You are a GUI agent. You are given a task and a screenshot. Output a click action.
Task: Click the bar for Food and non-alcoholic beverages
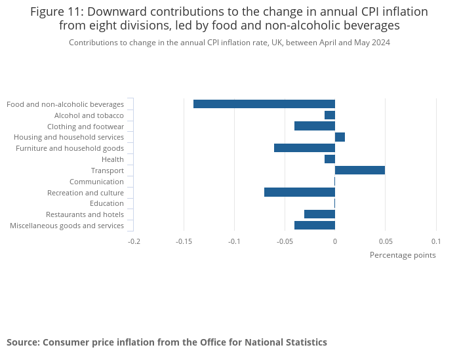pyautogui.click(x=264, y=104)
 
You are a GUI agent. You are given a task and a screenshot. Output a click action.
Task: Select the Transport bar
pyautogui.click(x=360, y=170)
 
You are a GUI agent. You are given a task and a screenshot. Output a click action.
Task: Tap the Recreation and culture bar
pyautogui.click(x=300, y=192)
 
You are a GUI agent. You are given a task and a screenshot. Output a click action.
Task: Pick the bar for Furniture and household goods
pyautogui.click(x=304, y=148)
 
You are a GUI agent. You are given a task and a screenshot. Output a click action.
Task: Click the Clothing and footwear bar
pyautogui.click(x=315, y=126)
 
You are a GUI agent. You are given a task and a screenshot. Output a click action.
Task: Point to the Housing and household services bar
pyautogui.click(x=340, y=137)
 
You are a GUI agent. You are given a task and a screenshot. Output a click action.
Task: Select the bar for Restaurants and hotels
pyautogui.click(x=319, y=214)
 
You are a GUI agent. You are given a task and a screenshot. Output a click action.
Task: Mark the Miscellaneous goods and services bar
pyautogui.click(x=315, y=226)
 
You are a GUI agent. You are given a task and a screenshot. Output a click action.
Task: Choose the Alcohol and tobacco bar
pyautogui.click(x=330, y=115)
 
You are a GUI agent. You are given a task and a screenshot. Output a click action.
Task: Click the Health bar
pyautogui.click(x=330, y=159)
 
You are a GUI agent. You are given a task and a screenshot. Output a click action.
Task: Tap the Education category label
pyautogui.click(x=107, y=203)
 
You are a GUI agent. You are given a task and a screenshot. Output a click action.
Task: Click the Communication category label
pyautogui.click(x=96, y=182)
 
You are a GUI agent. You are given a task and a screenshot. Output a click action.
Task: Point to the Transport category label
pyautogui.click(x=107, y=170)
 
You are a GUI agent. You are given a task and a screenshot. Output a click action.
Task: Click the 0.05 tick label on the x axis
pyautogui.click(x=385, y=241)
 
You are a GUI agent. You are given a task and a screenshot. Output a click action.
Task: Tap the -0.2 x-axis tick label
pyautogui.click(x=134, y=241)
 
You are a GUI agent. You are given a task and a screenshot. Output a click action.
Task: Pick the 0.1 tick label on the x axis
pyautogui.click(x=435, y=241)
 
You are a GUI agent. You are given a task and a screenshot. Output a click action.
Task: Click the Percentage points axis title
pyautogui.click(x=403, y=255)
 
